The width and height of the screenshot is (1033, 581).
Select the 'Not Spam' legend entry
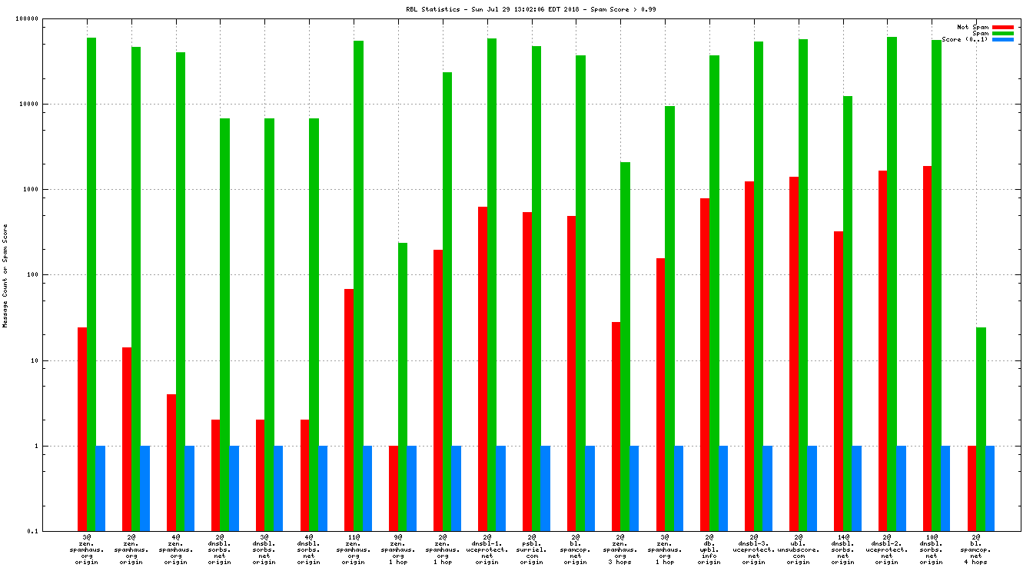[x=972, y=27]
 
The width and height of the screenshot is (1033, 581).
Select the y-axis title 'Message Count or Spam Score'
[x=6, y=275]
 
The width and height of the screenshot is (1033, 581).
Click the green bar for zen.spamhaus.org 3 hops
[x=625, y=346]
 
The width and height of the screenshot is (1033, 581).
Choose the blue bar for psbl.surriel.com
[x=545, y=488]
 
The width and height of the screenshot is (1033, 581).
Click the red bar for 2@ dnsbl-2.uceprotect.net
[x=882, y=350]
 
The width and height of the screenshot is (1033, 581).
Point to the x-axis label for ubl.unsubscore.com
[x=798, y=550]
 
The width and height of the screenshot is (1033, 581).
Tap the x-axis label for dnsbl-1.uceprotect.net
[x=487, y=550]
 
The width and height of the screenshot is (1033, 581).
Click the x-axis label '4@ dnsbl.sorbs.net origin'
[x=308, y=550]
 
